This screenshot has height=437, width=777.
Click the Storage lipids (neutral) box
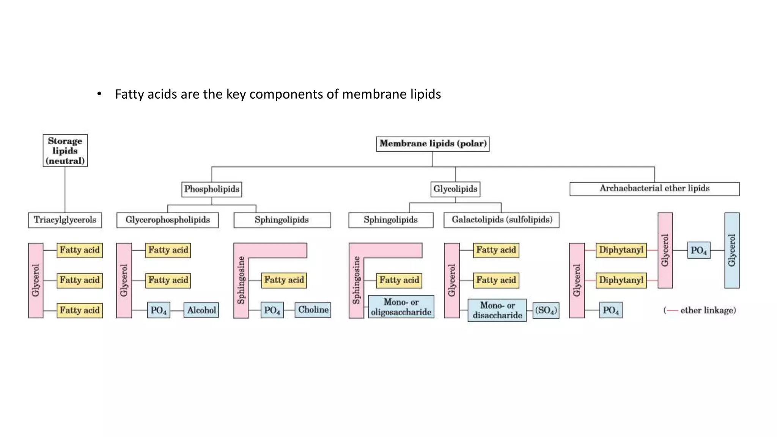point(65,151)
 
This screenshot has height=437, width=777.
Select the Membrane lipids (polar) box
point(433,144)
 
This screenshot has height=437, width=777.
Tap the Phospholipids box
point(212,189)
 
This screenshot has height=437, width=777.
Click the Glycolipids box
point(455,189)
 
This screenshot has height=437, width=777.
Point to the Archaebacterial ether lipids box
point(654,189)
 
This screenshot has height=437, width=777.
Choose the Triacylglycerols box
point(65,220)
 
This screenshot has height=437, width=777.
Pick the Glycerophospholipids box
point(167,220)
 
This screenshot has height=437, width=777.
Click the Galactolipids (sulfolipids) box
point(502,220)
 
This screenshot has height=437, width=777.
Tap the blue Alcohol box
point(201,310)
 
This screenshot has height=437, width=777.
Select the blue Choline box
point(313,310)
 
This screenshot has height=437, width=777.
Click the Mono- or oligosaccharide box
point(401,307)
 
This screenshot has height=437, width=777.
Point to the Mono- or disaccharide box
point(497,310)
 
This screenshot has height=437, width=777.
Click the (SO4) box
point(546,310)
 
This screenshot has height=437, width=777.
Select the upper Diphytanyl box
point(621,250)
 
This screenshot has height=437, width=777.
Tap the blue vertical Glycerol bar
point(732,250)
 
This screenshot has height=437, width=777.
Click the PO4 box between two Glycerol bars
point(698,250)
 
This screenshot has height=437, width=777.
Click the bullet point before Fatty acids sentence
point(99,94)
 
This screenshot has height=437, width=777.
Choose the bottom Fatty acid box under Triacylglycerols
point(80,310)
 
